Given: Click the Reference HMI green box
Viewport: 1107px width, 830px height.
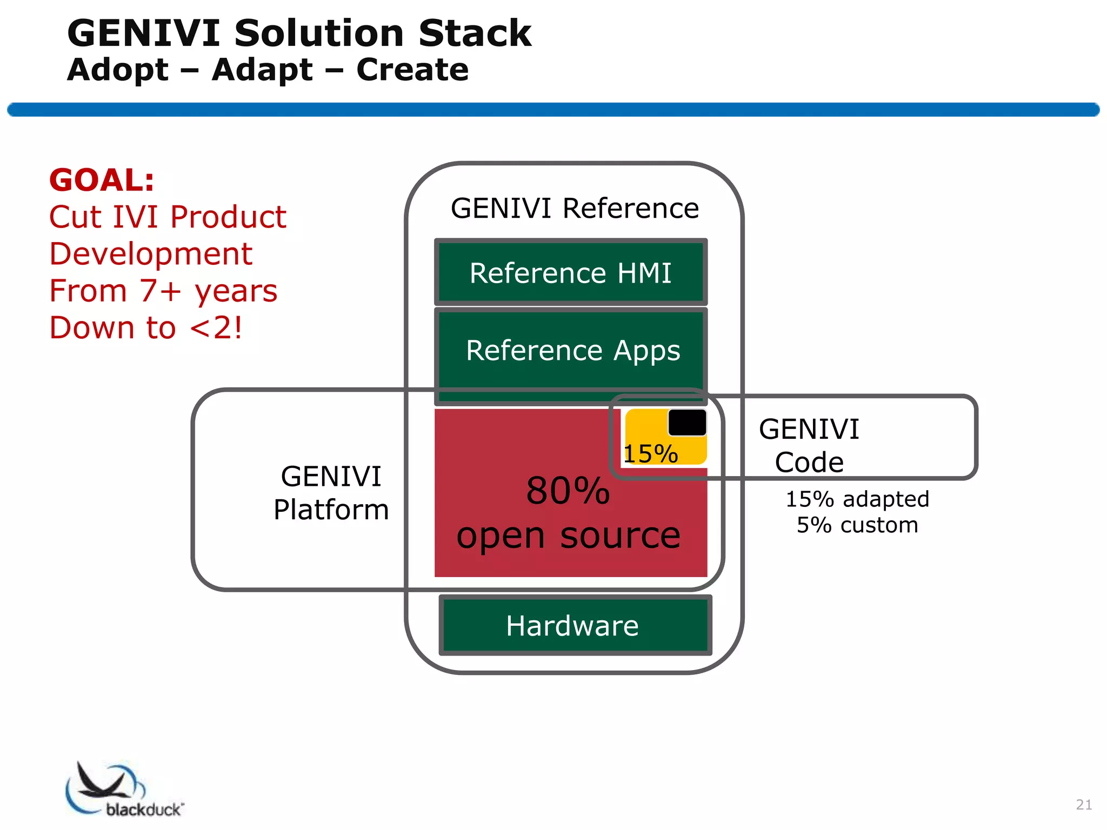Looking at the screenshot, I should [x=570, y=272].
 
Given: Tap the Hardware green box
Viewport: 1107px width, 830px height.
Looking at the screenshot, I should [x=574, y=626].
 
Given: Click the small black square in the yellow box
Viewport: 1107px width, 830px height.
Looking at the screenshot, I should [x=687, y=422].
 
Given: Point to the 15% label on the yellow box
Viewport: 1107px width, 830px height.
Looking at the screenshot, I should [x=650, y=453].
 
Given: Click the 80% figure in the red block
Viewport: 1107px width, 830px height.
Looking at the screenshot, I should [x=568, y=491].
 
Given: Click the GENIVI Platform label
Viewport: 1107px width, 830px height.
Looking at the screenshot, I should [x=331, y=493].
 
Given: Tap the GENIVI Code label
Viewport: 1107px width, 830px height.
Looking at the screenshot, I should [x=809, y=446].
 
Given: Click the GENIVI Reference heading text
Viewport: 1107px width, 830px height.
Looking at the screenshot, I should [x=575, y=208].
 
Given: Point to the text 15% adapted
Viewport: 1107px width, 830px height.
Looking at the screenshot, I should [x=857, y=499].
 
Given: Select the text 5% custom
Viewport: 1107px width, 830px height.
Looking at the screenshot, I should [x=857, y=525].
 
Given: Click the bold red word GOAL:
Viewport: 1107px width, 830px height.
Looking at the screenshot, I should [x=102, y=180].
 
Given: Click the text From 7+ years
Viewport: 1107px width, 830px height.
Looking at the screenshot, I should [x=163, y=291].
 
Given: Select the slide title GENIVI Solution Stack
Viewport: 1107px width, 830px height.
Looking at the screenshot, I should [x=299, y=34].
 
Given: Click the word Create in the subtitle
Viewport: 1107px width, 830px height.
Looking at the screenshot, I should [x=412, y=70].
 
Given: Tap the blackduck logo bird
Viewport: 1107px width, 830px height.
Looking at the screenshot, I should [x=103, y=781].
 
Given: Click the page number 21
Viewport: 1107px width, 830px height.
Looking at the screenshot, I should [x=1083, y=804].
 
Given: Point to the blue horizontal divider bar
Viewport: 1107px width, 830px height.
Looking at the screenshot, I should [x=553, y=110].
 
